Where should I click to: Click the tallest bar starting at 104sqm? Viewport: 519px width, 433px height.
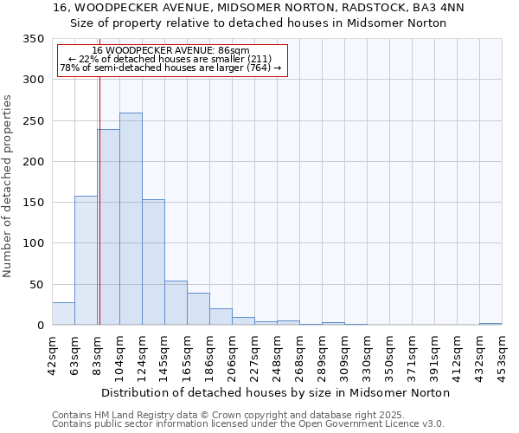[131, 219]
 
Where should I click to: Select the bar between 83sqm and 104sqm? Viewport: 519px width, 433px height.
[108, 227]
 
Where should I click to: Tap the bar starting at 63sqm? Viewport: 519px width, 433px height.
[86, 261]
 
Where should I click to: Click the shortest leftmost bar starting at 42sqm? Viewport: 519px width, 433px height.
[63, 313]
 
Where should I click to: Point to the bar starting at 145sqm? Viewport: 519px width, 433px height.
[176, 303]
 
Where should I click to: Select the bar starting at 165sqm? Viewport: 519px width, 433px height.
[198, 309]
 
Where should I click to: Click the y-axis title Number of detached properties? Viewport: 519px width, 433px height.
[8, 186]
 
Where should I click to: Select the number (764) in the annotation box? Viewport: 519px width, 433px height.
[254, 68]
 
